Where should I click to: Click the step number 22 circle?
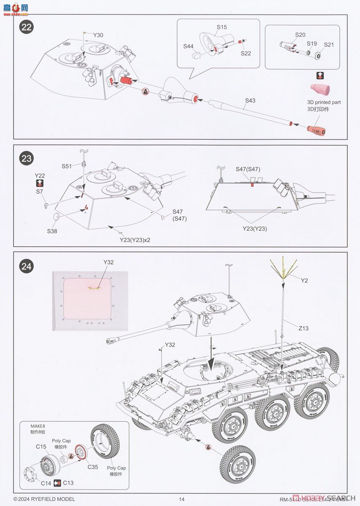(27, 27)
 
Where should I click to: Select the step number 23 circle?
(27, 159)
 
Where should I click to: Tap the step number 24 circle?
(27, 266)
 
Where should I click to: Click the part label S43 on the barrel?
(250, 101)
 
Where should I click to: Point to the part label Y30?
(98, 35)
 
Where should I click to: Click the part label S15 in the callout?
(222, 27)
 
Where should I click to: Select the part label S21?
(328, 45)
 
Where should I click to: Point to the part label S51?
(67, 166)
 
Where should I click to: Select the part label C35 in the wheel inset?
(93, 467)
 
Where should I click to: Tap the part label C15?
(41, 447)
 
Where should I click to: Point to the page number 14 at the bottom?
(182, 499)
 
